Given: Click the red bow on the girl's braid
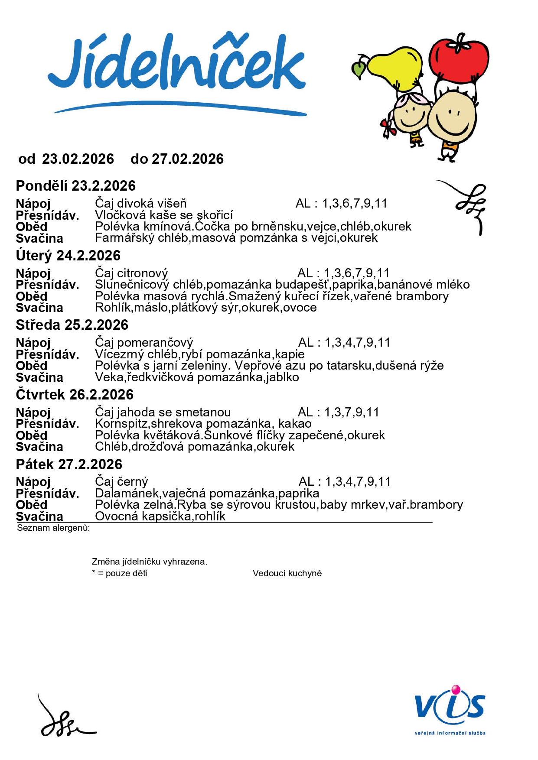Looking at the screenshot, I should tap(388, 127).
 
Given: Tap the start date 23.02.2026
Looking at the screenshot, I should tap(78, 159).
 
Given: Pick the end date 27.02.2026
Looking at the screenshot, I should tap(187, 159).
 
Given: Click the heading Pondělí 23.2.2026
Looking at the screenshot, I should tap(76, 186).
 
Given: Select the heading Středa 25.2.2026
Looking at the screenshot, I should tap(72, 325).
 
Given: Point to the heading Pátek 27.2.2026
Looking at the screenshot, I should tap(69, 464).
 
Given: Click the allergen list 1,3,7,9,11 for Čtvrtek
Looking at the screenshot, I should tap(352, 412).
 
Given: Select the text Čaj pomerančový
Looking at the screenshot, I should tap(144, 343).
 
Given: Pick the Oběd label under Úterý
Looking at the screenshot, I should tap(31, 297).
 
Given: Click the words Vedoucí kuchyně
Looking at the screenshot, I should tap(287, 573).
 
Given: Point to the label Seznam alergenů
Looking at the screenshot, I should tap(53, 528).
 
